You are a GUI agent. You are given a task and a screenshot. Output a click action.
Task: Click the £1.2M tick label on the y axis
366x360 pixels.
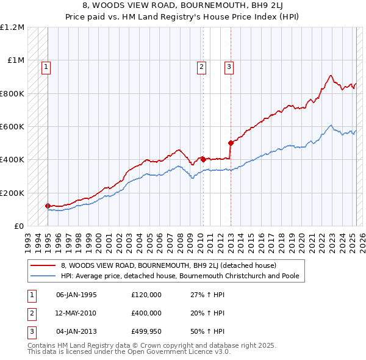pos(12,27)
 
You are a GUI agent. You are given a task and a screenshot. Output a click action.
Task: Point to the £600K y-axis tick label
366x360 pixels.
pos(12,127)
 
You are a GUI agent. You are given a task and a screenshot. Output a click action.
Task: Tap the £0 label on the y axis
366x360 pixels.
pos(20,226)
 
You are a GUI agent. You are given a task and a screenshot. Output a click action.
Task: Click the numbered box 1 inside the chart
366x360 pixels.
pos(46,67)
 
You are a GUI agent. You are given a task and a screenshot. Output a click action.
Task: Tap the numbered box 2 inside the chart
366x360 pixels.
pos(201,67)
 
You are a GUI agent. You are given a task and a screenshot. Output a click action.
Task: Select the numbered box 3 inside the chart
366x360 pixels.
pos(229,67)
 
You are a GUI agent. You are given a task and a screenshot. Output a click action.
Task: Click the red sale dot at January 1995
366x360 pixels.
pos(48,206)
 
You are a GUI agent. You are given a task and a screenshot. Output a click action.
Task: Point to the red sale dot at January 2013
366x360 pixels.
pos(231,143)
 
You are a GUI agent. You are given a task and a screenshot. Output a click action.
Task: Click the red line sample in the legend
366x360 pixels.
pos(44,265)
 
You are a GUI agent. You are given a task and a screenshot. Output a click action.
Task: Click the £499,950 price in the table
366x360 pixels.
pos(146,331)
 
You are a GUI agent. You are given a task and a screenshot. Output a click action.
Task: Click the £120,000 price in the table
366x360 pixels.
pos(146,295)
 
